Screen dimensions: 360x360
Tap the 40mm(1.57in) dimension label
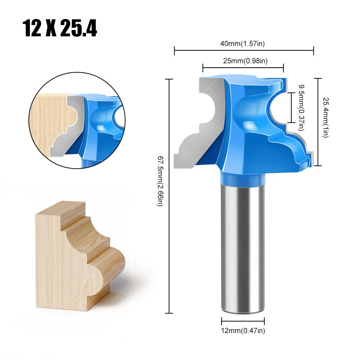(242, 44)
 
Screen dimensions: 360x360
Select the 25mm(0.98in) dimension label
(245, 61)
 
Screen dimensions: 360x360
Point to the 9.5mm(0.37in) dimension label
(301, 108)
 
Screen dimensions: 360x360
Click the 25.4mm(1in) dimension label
(326, 118)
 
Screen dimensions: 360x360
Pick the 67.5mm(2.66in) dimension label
(160, 181)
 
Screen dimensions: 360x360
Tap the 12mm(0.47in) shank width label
(243, 331)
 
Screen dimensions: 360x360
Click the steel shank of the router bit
(243, 248)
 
